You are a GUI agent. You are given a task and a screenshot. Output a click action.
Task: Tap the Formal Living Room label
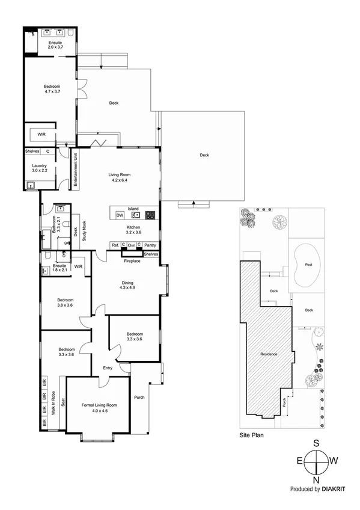click(99, 405)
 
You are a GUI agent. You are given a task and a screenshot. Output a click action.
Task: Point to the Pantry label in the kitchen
click(150, 245)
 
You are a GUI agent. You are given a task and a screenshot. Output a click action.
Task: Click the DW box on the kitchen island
click(120, 215)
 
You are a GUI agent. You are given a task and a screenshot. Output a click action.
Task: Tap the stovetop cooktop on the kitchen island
click(150, 215)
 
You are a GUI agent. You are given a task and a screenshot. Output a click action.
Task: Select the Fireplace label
click(132, 261)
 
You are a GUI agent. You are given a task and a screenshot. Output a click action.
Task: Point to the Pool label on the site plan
click(307, 264)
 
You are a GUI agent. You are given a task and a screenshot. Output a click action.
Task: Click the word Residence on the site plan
click(268, 354)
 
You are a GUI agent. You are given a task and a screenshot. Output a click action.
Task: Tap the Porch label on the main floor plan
click(139, 396)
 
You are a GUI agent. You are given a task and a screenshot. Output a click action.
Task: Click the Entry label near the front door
click(108, 368)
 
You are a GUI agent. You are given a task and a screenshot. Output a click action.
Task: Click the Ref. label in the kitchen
click(115, 245)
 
